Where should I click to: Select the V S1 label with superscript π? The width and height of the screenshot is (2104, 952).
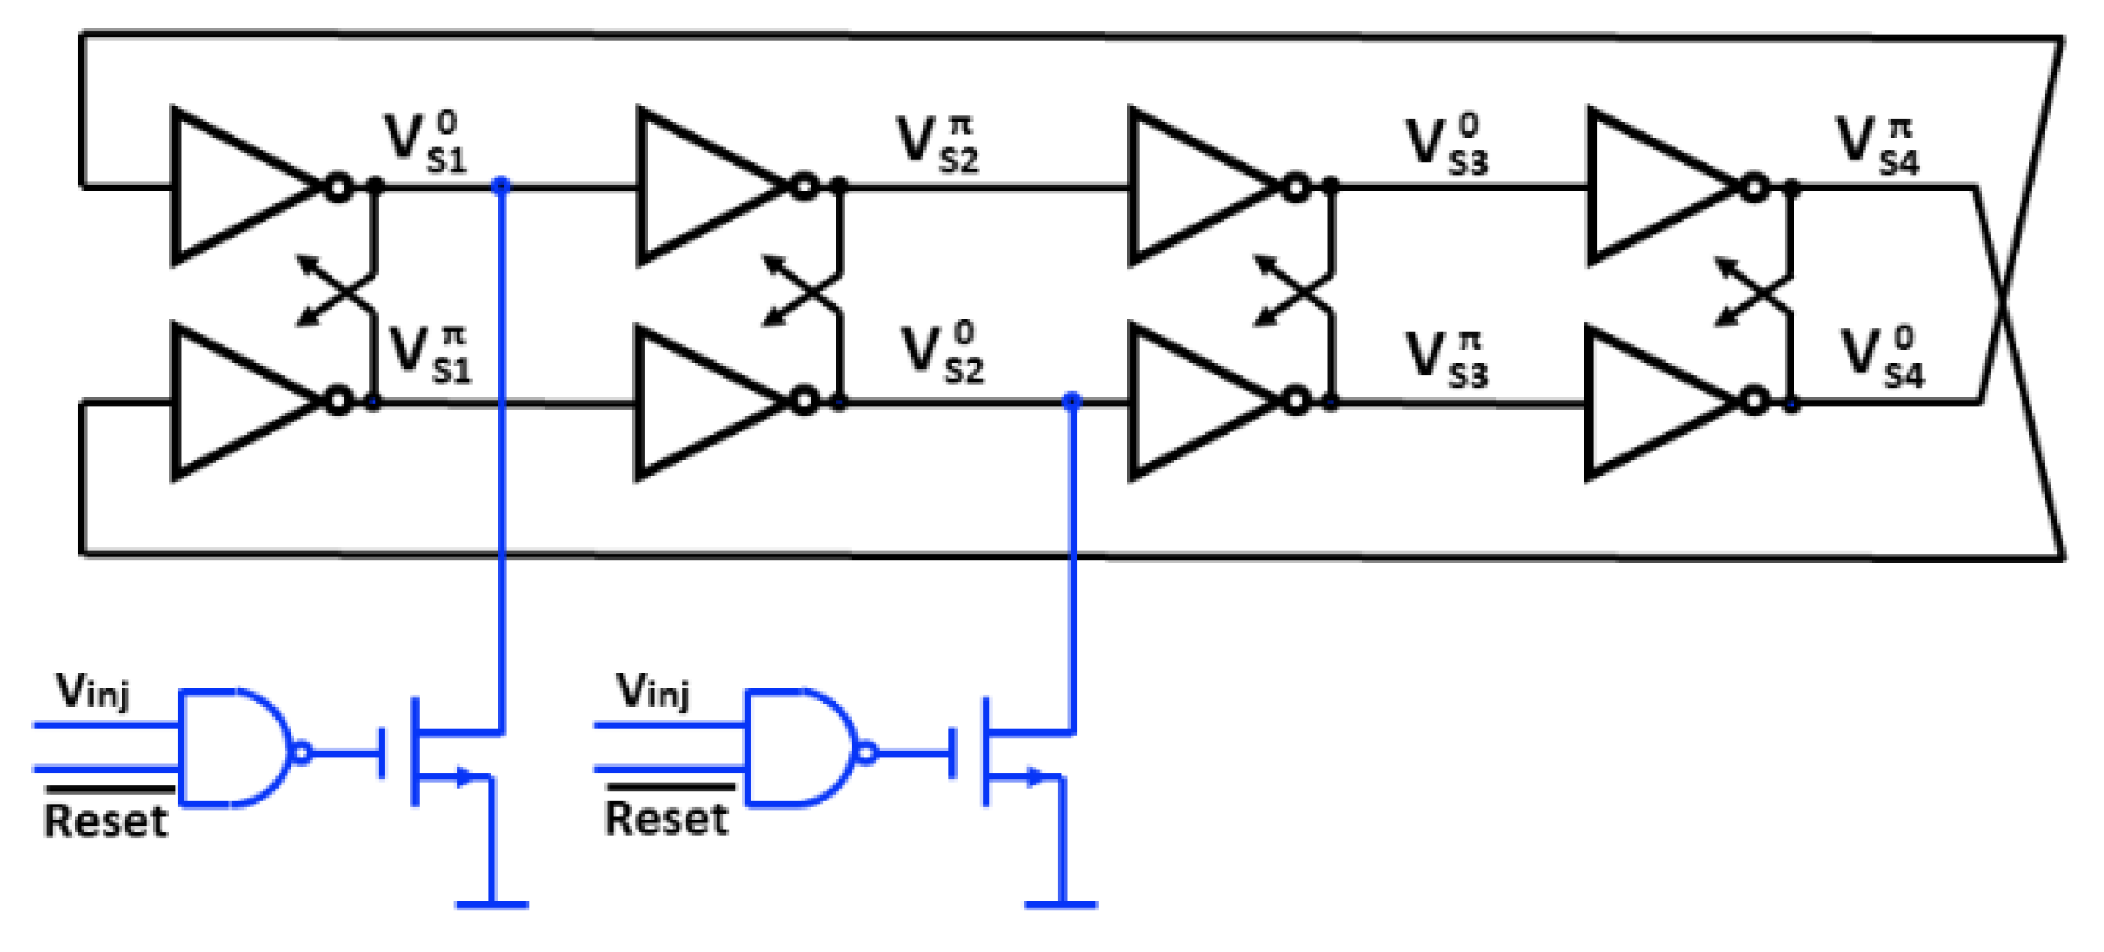[x=431, y=355]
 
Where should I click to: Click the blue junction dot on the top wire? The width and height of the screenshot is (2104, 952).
[x=501, y=185]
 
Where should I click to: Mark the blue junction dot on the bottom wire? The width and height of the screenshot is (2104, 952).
[x=1072, y=401]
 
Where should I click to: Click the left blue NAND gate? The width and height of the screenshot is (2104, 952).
[x=235, y=748]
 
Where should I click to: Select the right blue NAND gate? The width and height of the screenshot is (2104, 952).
[x=801, y=748]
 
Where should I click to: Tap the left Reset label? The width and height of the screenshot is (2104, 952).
[x=106, y=821]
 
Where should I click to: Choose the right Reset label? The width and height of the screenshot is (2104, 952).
[x=666, y=818]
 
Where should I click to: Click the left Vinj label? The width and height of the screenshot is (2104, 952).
[x=93, y=691]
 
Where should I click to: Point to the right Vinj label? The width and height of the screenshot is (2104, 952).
[x=654, y=691]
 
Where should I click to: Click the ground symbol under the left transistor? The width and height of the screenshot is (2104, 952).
[x=491, y=905]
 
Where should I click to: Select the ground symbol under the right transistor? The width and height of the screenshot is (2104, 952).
[x=1061, y=905]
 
